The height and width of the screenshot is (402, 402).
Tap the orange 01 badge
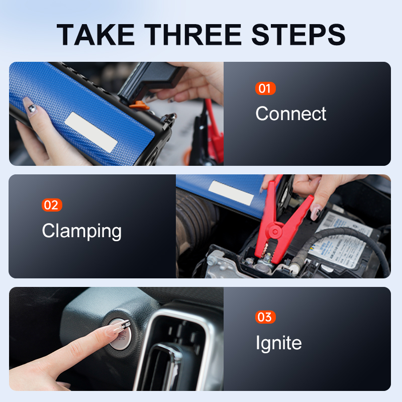pos(265,89)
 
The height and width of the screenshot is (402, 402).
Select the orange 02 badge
pos(52,205)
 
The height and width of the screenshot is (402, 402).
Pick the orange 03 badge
pos(265,317)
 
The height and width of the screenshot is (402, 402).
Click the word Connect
pos(290,114)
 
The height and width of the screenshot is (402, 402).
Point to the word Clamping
pos(81,231)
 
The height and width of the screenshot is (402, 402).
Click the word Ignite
pos(278,343)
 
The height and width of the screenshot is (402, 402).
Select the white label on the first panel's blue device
pos(91,132)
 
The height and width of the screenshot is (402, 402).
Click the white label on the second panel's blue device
pos(231,192)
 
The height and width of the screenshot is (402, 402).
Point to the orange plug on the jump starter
pos(139,105)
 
